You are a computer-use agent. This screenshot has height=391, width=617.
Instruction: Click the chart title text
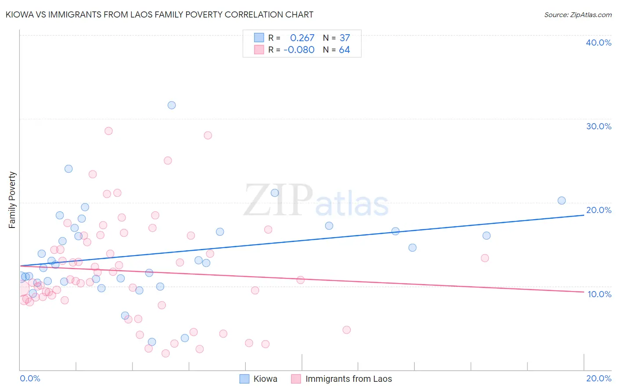pyautogui.click(x=159, y=14)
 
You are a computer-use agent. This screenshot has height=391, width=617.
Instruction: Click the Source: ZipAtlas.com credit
pyautogui.click(x=578, y=15)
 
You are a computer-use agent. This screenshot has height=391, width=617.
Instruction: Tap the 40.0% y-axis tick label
pyautogui.click(x=598, y=43)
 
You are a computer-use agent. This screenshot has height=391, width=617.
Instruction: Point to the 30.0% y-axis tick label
pyautogui.click(x=598, y=126)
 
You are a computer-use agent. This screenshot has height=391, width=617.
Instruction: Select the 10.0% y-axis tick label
pyautogui.click(x=599, y=294)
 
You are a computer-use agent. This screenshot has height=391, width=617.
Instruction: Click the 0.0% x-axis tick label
pyautogui.click(x=30, y=378)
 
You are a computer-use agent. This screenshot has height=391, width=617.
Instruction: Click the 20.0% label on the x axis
pyautogui.click(x=599, y=378)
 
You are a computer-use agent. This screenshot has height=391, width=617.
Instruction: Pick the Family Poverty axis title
pyautogui.click(x=12, y=200)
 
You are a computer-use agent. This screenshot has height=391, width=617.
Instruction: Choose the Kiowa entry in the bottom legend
pyautogui.click(x=265, y=379)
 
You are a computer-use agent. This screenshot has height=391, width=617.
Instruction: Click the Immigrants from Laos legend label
pyautogui.click(x=348, y=379)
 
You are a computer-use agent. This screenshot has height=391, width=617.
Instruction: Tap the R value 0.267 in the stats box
pyautogui.click(x=302, y=38)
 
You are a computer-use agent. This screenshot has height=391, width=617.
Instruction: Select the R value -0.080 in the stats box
pyautogui.click(x=299, y=50)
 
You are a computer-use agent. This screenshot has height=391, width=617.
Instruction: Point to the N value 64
pyautogui.click(x=344, y=50)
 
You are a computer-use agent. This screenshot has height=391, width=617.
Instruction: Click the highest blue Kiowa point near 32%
pyautogui.click(x=172, y=105)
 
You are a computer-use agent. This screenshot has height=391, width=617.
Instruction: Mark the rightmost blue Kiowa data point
pyautogui.click(x=561, y=201)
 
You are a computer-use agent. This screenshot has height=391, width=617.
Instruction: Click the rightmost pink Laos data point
pyautogui.click(x=484, y=258)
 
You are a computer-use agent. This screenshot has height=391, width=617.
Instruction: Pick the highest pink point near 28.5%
pyautogui.click(x=108, y=131)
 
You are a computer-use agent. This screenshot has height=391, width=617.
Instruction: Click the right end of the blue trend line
pyautogui.click(x=584, y=215)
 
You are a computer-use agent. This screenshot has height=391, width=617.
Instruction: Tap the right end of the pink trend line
pyautogui.click(x=584, y=292)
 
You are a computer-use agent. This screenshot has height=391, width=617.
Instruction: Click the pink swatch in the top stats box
pyautogui.click(x=259, y=50)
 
